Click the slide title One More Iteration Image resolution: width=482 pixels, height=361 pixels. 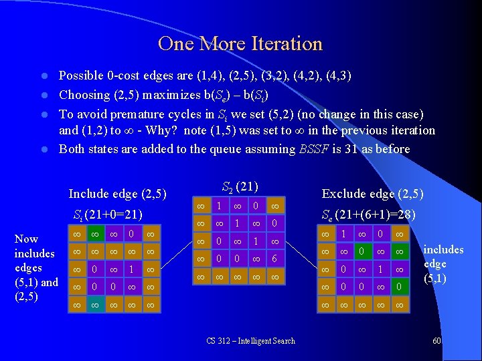[240, 44]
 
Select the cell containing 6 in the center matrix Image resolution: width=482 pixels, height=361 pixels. [274, 258]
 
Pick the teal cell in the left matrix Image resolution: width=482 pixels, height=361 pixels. [78, 305]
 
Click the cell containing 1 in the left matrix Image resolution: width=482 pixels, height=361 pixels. [133, 270]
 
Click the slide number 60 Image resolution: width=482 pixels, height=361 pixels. [436, 341]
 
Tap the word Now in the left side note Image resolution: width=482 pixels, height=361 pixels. [26, 239]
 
